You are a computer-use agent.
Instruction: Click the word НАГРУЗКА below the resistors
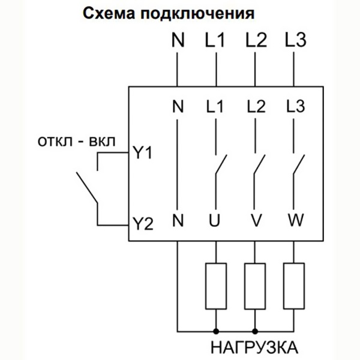254,347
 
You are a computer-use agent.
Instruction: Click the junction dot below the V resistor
255,330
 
